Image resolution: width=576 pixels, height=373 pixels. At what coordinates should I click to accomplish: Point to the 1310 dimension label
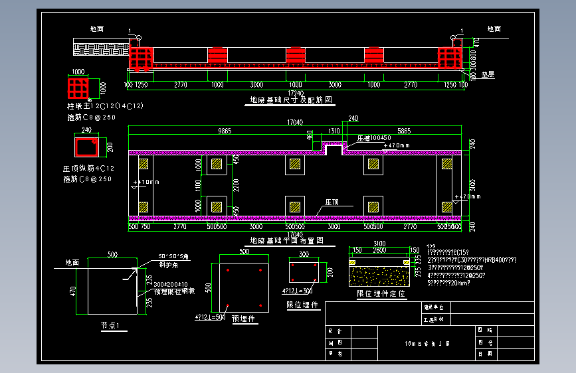pyautogui.click(x=334, y=131)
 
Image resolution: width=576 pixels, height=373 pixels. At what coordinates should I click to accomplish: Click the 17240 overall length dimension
pyautogui.click(x=296, y=92)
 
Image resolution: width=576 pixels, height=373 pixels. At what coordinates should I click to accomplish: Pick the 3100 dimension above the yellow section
pyautogui.click(x=379, y=244)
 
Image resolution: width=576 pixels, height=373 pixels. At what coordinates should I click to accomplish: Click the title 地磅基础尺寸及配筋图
pyautogui.click(x=291, y=100)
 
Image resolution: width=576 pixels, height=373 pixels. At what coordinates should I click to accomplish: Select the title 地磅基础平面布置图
pyautogui.click(x=286, y=240)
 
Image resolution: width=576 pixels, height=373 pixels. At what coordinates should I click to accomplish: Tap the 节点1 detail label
pyautogui.click(x=110, y=326)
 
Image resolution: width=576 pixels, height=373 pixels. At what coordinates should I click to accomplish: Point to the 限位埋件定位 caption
pyautogui.click(x=381, y=293)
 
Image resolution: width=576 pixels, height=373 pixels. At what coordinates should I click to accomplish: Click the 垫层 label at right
pyautogui.click(x=488, y=75)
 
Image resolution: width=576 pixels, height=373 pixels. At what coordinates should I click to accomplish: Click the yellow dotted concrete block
pyautogui.click(x=379, y=272)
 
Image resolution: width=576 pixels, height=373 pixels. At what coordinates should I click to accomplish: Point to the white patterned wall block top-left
pyautogui.click(x=101, y=48)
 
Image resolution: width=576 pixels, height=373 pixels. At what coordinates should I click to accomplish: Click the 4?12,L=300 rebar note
pyautogui.click(x=298, y=291)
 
